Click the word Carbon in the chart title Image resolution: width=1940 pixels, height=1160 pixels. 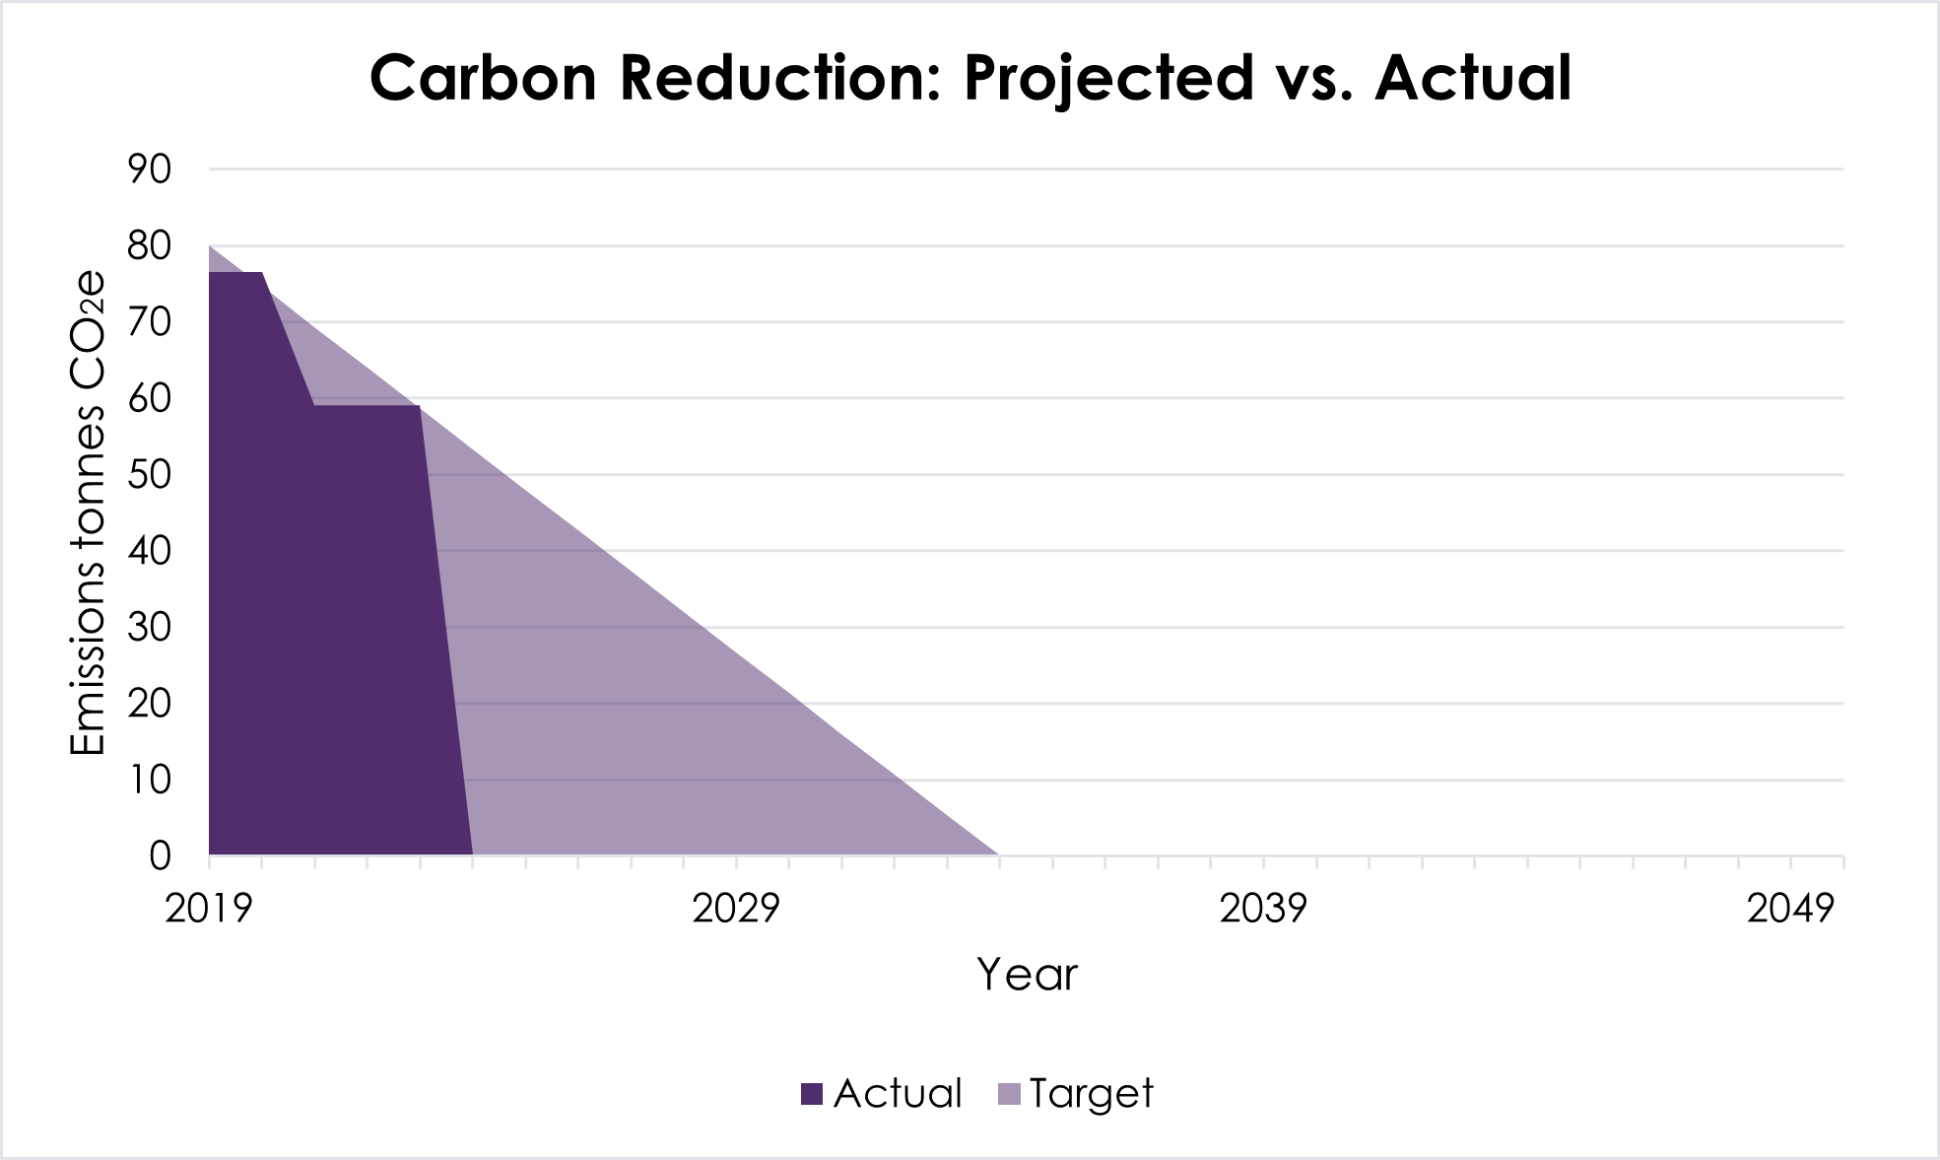tap(483, 78)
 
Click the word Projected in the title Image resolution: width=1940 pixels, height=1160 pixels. tap(1107, 78)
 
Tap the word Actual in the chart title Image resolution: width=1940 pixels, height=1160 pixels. tap(1473, 78)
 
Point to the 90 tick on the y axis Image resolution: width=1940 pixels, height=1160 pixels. tap(149, 170)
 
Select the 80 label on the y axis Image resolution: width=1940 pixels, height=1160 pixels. tap(149, 245)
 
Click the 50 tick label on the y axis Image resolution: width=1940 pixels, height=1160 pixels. tap(149, 475)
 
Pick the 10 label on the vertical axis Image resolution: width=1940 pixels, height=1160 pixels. tap(149, 781)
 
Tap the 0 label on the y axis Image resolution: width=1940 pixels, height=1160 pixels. tap(160, 856)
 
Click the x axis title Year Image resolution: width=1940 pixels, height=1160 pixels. tap(1027, 975)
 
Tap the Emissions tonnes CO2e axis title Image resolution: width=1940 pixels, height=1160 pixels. tap(88, 512)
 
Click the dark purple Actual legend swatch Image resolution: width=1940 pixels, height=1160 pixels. tap(812, 1094)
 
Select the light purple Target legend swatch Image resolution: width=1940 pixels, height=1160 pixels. tap(1009, 1094)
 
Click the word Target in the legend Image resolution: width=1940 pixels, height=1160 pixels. tap(1091, 1094)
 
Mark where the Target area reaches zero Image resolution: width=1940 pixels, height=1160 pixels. tap(999, 854)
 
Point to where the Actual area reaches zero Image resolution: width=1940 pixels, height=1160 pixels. tap(473, 854)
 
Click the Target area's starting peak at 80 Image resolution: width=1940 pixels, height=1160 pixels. tap(211, 247)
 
